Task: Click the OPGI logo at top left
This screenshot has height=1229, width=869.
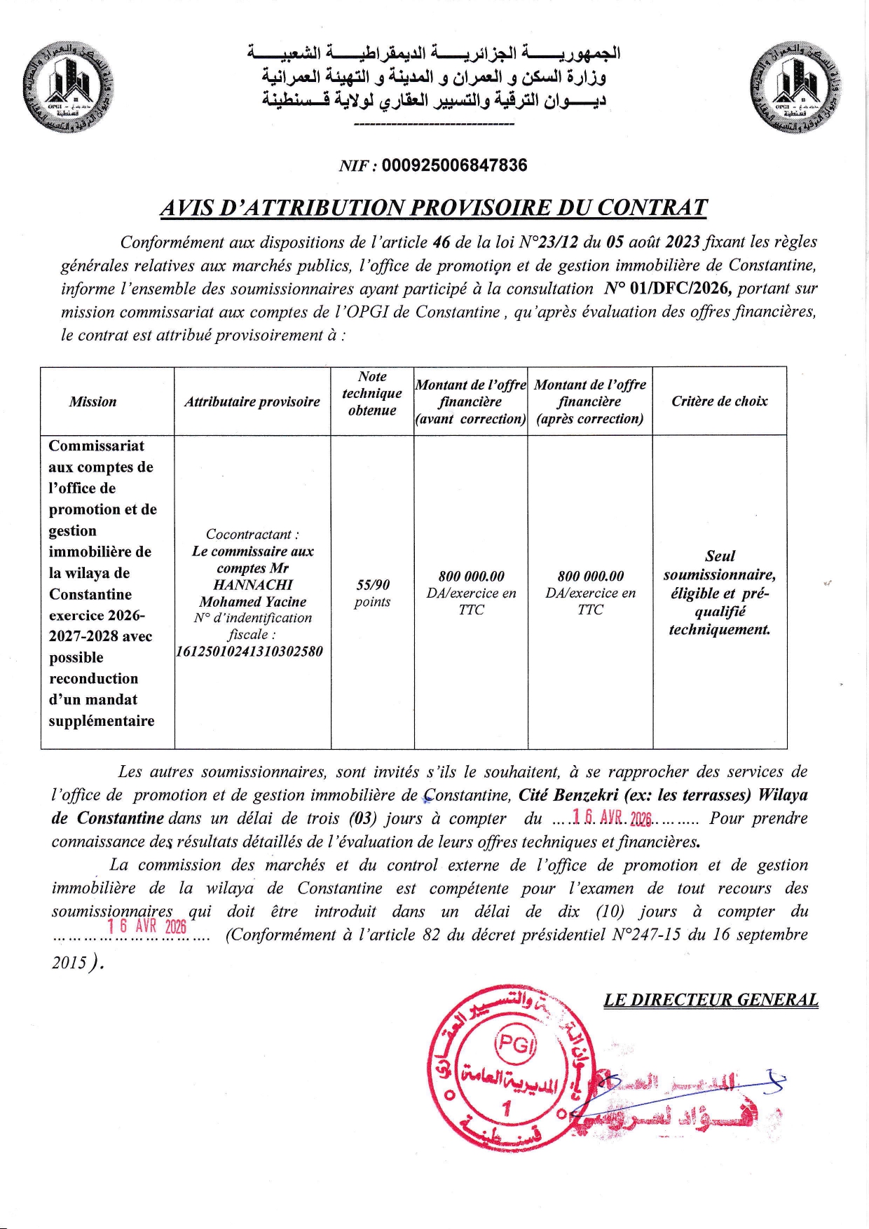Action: click(x=67, y=86)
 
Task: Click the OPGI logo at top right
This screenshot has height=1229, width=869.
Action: click(x=800, y=86)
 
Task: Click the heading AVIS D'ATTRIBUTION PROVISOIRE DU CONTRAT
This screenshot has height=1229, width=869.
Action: click(x=433, y=207)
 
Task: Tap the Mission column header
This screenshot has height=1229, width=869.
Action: click(x=93, y=401)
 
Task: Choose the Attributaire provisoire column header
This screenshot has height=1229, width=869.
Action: click(x=252, y=401)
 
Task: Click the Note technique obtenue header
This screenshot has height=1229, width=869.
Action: click(x=371, y=394)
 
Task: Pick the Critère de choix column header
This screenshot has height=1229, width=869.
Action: click(x=719, y=401)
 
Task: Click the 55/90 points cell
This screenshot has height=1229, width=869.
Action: click(x=372, y=593)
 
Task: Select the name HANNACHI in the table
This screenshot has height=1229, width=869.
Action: click(x=253, y=585)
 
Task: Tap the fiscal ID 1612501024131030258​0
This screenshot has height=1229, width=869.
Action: click(x=249, y=651)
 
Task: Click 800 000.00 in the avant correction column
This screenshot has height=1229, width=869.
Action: click(x=471, y=576)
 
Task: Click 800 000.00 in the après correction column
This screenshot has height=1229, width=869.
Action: click(x=590, y=576)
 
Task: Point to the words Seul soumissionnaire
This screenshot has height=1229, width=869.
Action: click(x=720, y=565)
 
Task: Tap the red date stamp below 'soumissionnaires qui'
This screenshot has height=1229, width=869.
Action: click(x=147, y=926)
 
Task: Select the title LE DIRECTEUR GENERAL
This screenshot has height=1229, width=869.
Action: click(x=711, y=1000)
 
